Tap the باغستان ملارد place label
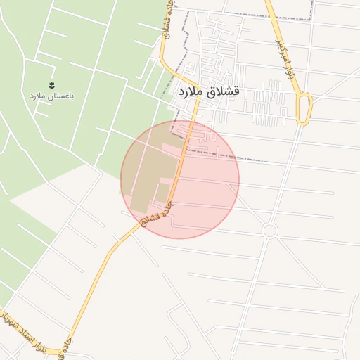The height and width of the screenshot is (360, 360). (x=52, y=95)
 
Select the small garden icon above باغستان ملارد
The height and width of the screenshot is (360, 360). (x=51, y=84)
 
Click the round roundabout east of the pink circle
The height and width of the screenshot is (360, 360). (x=270, y=231)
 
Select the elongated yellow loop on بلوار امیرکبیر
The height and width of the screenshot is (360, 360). (x=304, y=110)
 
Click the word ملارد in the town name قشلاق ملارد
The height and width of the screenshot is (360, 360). (x=190, y=92)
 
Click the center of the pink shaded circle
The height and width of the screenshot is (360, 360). (x=180, y=179)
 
